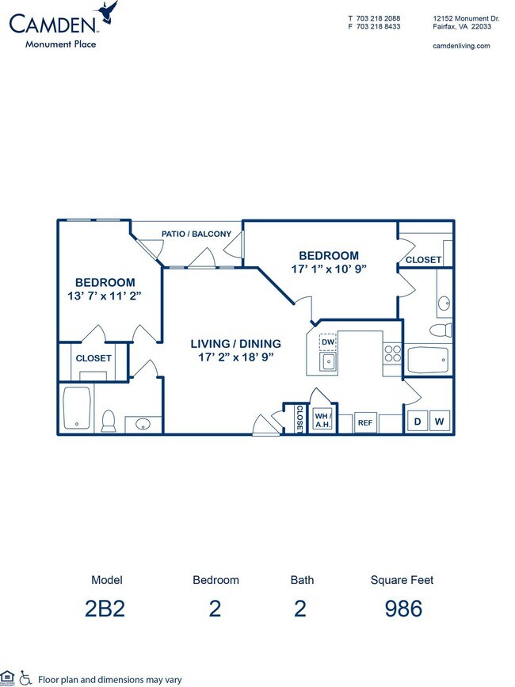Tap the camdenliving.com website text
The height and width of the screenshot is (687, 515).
(x=462, y=46)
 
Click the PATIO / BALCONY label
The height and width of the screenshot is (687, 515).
(x=196, y=234)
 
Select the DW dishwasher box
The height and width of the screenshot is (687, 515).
(x=327, y=342)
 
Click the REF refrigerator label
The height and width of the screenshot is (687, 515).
(x=364, y=423)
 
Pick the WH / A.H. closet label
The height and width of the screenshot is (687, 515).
(x=322, y=419)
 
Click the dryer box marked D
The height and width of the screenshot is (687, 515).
(x=417, y=422)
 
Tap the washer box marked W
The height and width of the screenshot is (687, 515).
(x=439, y=422)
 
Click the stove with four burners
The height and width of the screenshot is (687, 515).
(x=392, y=353)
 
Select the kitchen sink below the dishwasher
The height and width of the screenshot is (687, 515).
(x=327, y=363)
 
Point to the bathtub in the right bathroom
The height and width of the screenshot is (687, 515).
(x=428, y=360)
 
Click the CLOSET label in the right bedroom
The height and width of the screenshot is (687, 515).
(x=423, y=260)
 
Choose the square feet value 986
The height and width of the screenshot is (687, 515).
(x=404, y=609)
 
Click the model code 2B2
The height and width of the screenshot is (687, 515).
(x=107, y=609)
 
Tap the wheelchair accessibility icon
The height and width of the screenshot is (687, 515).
(x=25, y=677)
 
